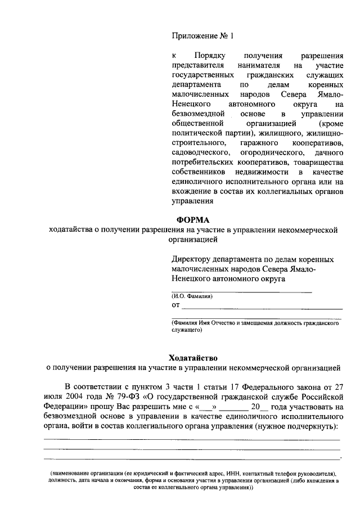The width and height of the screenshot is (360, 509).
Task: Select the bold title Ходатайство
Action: (193, 358)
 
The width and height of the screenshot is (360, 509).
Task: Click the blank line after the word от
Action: (262, 307)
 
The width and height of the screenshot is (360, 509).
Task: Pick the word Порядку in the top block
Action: (210, 56)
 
